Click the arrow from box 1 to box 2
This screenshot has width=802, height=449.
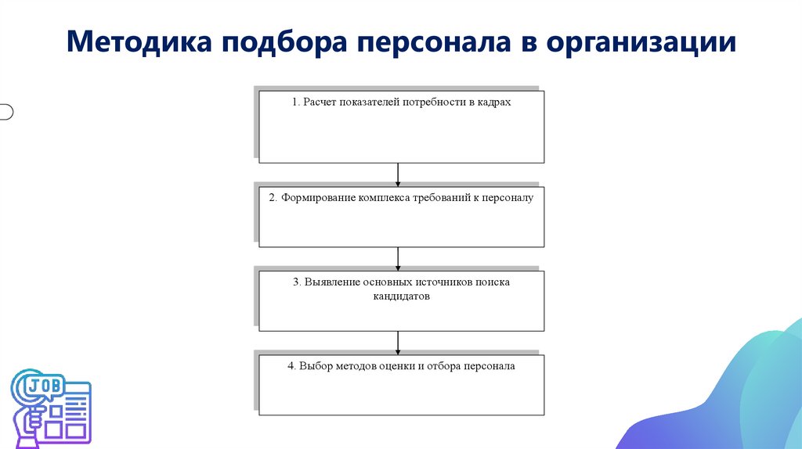click(x=399, y=174)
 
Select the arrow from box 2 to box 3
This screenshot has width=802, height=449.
click(x=399, y=258)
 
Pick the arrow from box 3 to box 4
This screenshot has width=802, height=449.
click(x=399, y=343)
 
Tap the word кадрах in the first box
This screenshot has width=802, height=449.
click(x=494, y=102)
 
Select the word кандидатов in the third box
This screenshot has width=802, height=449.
click(x=401, y=297)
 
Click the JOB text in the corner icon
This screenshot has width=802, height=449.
click(x=44, y=386)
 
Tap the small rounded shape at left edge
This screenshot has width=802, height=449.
click(x=5, y=112)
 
